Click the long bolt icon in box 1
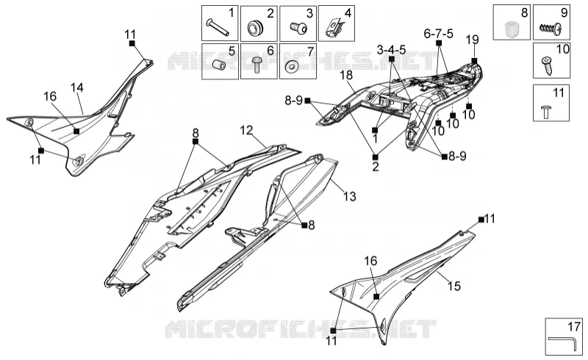217,28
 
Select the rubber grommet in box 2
256,28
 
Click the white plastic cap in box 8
511,29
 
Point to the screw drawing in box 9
551,28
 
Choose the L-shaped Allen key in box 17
563,343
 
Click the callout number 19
473,40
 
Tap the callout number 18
346,76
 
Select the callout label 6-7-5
438,34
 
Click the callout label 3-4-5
392,49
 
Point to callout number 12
246,131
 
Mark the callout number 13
350,196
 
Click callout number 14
77,87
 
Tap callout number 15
453,286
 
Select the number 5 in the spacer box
232,51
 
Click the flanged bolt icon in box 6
257,65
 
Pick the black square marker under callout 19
474,61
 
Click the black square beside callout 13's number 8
304,225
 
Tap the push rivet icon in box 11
545,112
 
